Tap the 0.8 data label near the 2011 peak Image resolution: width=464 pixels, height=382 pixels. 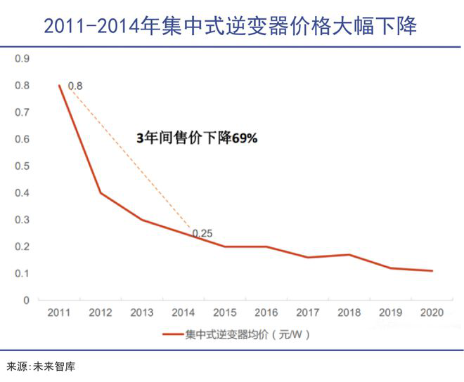75,86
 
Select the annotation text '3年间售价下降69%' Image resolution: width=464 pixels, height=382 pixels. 197,138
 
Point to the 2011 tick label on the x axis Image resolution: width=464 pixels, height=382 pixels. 59,312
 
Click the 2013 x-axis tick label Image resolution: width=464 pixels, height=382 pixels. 141,312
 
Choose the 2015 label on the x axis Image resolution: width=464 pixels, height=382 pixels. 224,312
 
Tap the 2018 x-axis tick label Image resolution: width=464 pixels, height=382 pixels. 349,312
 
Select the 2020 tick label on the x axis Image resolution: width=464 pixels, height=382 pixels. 431,312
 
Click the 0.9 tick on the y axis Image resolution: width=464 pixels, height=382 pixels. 22,58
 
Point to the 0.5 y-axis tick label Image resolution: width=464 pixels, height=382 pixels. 22,166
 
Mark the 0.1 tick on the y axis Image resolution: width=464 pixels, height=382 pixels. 22,273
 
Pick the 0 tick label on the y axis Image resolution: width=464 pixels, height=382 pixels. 27,300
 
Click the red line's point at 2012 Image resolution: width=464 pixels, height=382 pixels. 101,192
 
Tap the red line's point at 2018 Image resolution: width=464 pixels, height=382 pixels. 349,254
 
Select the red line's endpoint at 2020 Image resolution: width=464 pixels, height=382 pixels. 432,270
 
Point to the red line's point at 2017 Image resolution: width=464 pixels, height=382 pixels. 307,257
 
